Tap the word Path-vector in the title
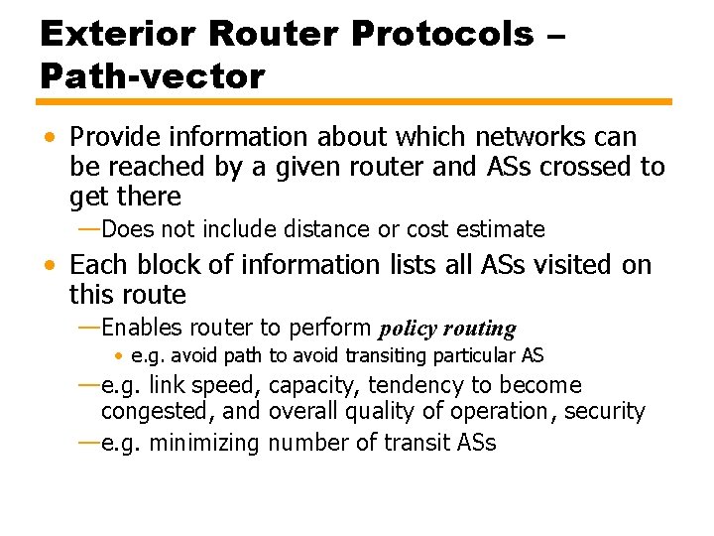click(x=153, y=75)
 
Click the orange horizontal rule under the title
click(x=355, y=101)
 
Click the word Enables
click(x=142, y=328)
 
